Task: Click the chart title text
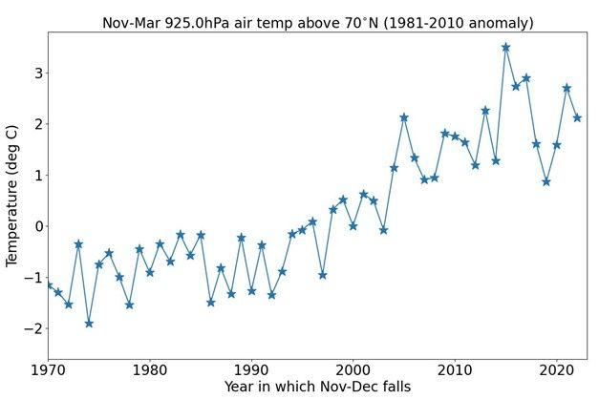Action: [317, 23]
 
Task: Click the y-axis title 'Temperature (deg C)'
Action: [13, 199]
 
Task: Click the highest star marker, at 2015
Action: [505, 47]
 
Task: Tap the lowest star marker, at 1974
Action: [89, 324]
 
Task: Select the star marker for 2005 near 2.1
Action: [404, 117]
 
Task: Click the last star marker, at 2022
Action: [577, 117]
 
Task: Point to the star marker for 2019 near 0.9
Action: [546, 181]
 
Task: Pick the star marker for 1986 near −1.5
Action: [210, 303]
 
